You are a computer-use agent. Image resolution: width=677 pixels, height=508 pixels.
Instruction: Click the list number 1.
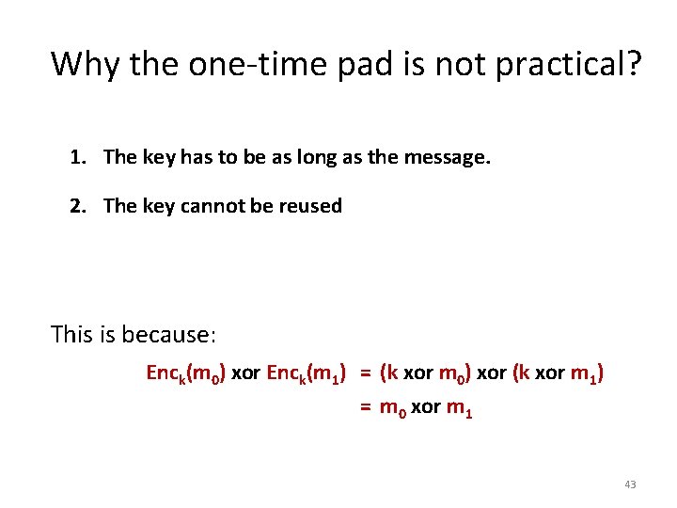point(76,157)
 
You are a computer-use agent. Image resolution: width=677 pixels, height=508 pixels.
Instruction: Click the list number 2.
point(76,206)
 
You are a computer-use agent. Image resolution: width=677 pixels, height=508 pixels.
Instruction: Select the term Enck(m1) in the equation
point(307,373)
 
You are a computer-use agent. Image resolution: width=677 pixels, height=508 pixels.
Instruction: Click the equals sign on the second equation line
point(365,407)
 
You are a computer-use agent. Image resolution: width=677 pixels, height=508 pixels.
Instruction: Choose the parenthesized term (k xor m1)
point(558,373)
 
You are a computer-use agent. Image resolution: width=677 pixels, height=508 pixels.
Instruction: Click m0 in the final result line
point(389,408)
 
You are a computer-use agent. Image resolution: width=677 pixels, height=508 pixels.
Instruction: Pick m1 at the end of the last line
point(459,408)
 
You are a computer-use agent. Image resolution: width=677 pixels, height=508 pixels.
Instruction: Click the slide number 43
point(629,484)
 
